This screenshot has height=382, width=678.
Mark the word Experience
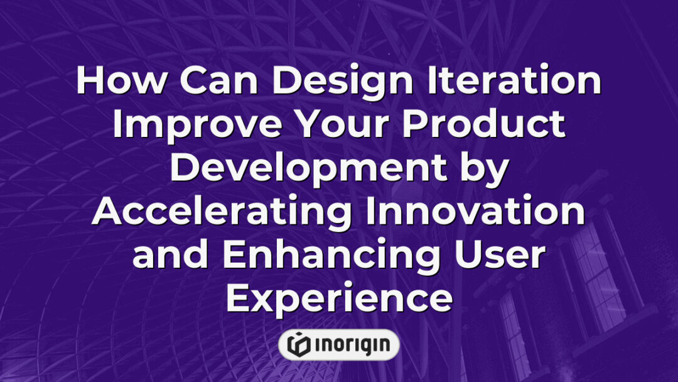[x=339, y=299]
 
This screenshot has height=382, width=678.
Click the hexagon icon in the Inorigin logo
[x=299, y=345]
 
